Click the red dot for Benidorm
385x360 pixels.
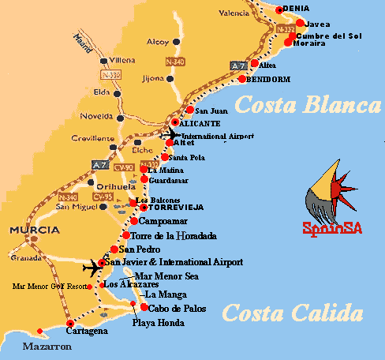tap(241, 79)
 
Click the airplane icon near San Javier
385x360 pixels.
tap(93, 266)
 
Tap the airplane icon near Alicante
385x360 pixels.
tap(170, 135)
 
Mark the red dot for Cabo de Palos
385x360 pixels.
tap(144, 308)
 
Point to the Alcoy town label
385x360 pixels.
tap(158, 41)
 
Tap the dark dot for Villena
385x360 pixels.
tap(103, 59)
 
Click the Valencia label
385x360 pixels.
tap(234, 13)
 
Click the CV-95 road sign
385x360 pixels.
tap(103, 196)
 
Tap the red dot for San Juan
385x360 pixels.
tap(189, 110)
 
